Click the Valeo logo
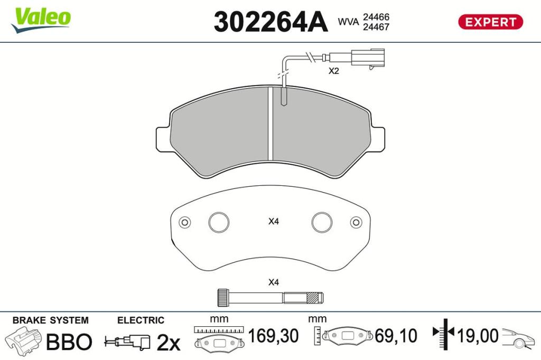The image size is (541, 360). pyautogui.click(x=41, y=20)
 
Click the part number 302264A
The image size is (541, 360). pyautogui.click(x=270, y=22)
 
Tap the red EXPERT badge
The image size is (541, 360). pyautogui.click(x=490, y=22)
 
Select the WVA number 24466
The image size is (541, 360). pyautogui.click(x=376, y=17)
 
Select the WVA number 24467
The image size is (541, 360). pyautogui.click(x=376, y=27)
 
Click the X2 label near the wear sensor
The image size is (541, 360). pyautogui.click(x=334, y=71)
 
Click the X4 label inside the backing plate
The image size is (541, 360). pyautogui.click(x=274, y=221)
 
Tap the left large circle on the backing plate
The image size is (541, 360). pyautogui.click(x=219, y=222)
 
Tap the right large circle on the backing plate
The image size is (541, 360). pyautogui.click(x=322, y=222)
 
